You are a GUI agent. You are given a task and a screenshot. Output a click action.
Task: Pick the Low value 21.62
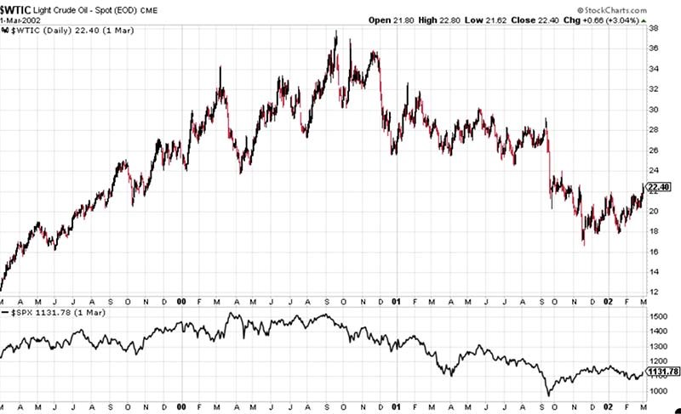(492, 18)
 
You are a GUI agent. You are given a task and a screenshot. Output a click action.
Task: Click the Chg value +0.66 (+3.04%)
(613, 18)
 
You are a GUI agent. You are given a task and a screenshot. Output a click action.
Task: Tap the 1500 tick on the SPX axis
(659, 316)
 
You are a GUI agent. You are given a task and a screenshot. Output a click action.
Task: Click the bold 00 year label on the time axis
(181, 301)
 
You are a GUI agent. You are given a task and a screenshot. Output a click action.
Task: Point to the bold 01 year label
(396, 301)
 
